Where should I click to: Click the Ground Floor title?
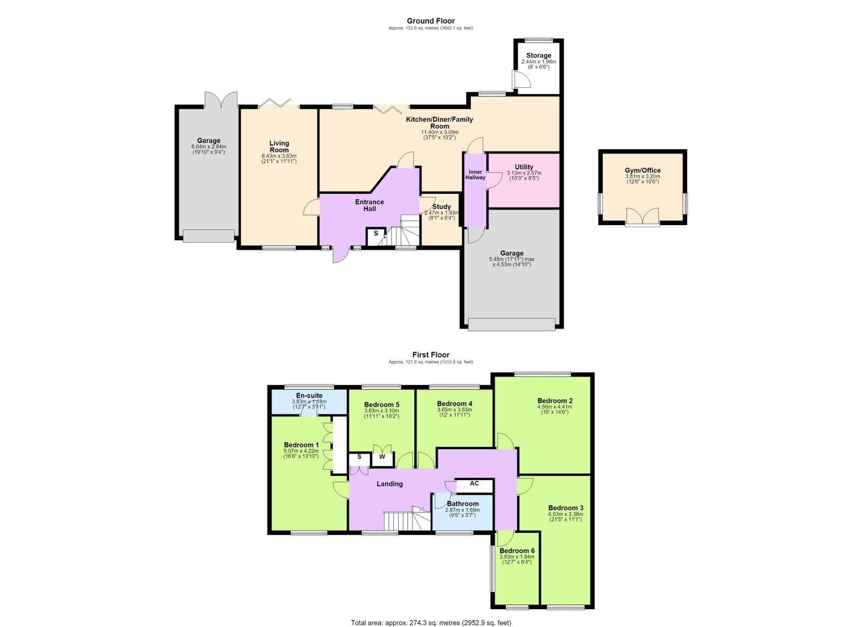click(430, 21)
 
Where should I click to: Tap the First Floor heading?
click(430, 354)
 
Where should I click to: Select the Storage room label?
click(538, 55)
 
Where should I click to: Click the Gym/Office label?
click(642, 170)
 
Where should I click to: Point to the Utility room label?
click(524, 167)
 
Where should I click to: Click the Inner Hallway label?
click(475, 175)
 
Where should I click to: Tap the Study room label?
click(441, 206)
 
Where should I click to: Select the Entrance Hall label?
click(370, 205)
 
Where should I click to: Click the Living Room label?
click(279, 147)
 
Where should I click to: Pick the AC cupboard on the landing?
click(474, 485)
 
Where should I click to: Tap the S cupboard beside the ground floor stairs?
click(376, 236)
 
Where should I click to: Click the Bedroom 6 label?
click(517, 551)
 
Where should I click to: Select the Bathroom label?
click(463, 504)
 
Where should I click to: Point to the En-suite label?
click(309, 395)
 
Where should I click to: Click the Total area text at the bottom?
click(431, 622)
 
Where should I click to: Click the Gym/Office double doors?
click(642, 217)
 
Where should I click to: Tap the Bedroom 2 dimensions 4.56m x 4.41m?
click(554, 407)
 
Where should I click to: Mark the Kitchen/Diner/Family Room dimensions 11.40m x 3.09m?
click(440, 132)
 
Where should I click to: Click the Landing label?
click(390, 484)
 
